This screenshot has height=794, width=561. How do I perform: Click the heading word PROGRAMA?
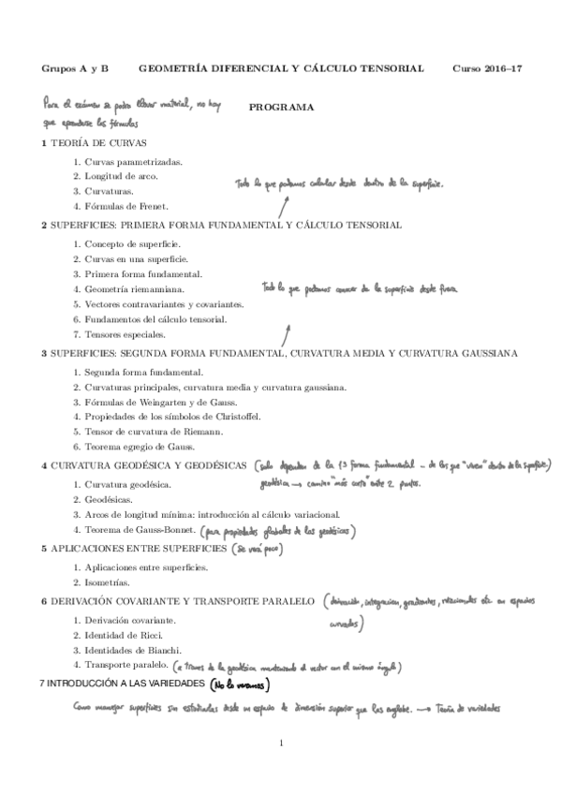(x=281, y=108)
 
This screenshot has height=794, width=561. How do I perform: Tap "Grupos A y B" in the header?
(x=75, y=69)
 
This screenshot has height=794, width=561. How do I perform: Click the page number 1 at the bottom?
(x=281, y=743)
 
